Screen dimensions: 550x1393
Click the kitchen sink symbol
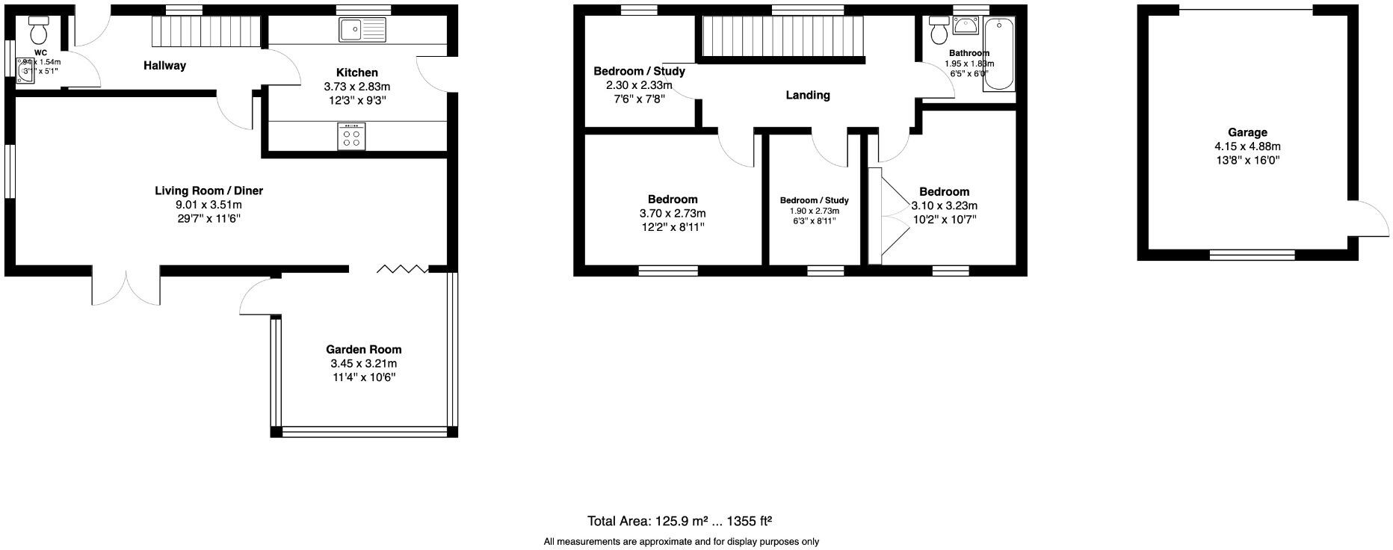[362, 30]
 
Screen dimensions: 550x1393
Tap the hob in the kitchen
[351, 135]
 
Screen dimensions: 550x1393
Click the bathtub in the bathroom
[998, 55]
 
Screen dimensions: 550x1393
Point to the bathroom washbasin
[966, 27]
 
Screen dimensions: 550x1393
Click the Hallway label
[164, 66]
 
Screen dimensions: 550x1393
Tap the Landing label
[807, 95]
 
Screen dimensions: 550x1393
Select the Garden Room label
[363, 349]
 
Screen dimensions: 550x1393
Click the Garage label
[1247, 132]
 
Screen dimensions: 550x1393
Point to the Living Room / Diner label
[209, 191]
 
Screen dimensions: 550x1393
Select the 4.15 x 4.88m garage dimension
[1247, 146]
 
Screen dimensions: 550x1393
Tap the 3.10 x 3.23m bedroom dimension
[944, 206]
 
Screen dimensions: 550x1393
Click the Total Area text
[679, 521]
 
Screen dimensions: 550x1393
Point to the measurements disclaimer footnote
[681, 542]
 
